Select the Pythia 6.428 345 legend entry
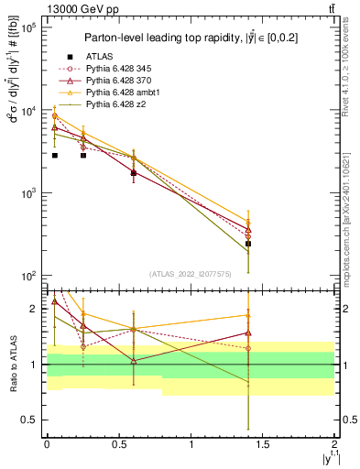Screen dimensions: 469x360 pos(113,69)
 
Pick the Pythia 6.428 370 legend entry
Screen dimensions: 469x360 pos(113,81)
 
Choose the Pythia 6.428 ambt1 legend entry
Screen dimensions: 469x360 pos(115,93)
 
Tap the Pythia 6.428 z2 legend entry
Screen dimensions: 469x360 pos(109,105)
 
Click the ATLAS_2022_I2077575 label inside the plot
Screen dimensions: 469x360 pos(190,273)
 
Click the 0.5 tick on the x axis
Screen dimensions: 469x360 pos(119,444)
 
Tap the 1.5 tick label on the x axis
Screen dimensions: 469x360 pos(263,444)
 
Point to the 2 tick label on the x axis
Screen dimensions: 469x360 pos(335,444)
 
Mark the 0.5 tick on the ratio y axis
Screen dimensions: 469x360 pos(28,420)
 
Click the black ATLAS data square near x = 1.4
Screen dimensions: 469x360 pos(248,244)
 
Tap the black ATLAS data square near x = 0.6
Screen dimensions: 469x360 pos(134,172)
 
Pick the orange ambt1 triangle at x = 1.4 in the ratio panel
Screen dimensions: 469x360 pos(248,315)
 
